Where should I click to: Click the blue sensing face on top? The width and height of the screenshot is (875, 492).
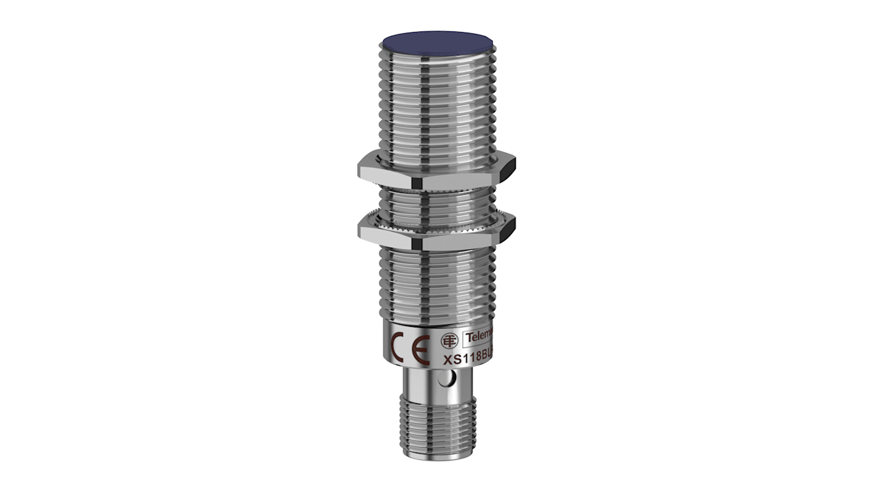(x=437, y=43)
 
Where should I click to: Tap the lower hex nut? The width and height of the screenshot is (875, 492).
(x=468, y=233)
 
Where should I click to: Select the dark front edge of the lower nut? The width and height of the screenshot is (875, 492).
(x=425, y=242)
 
